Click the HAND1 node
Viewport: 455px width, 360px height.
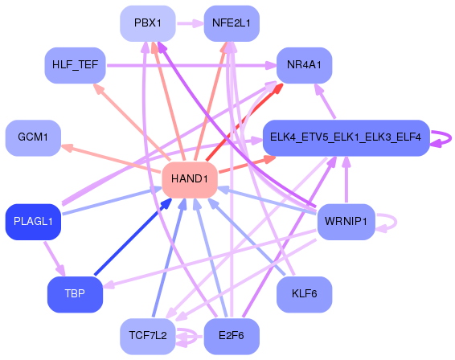coord(191,179)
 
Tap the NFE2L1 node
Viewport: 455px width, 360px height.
coord(231,23)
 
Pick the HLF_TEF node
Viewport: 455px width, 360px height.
coord(75,64)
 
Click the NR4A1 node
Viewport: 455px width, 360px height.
coord(304,64)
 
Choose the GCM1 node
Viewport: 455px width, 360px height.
coord(33,137)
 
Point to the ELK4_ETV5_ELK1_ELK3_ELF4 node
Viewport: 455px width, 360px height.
coord(346,137)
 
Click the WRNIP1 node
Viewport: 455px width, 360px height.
coord(346,221)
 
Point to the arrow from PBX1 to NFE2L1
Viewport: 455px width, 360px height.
coord(190,23)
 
